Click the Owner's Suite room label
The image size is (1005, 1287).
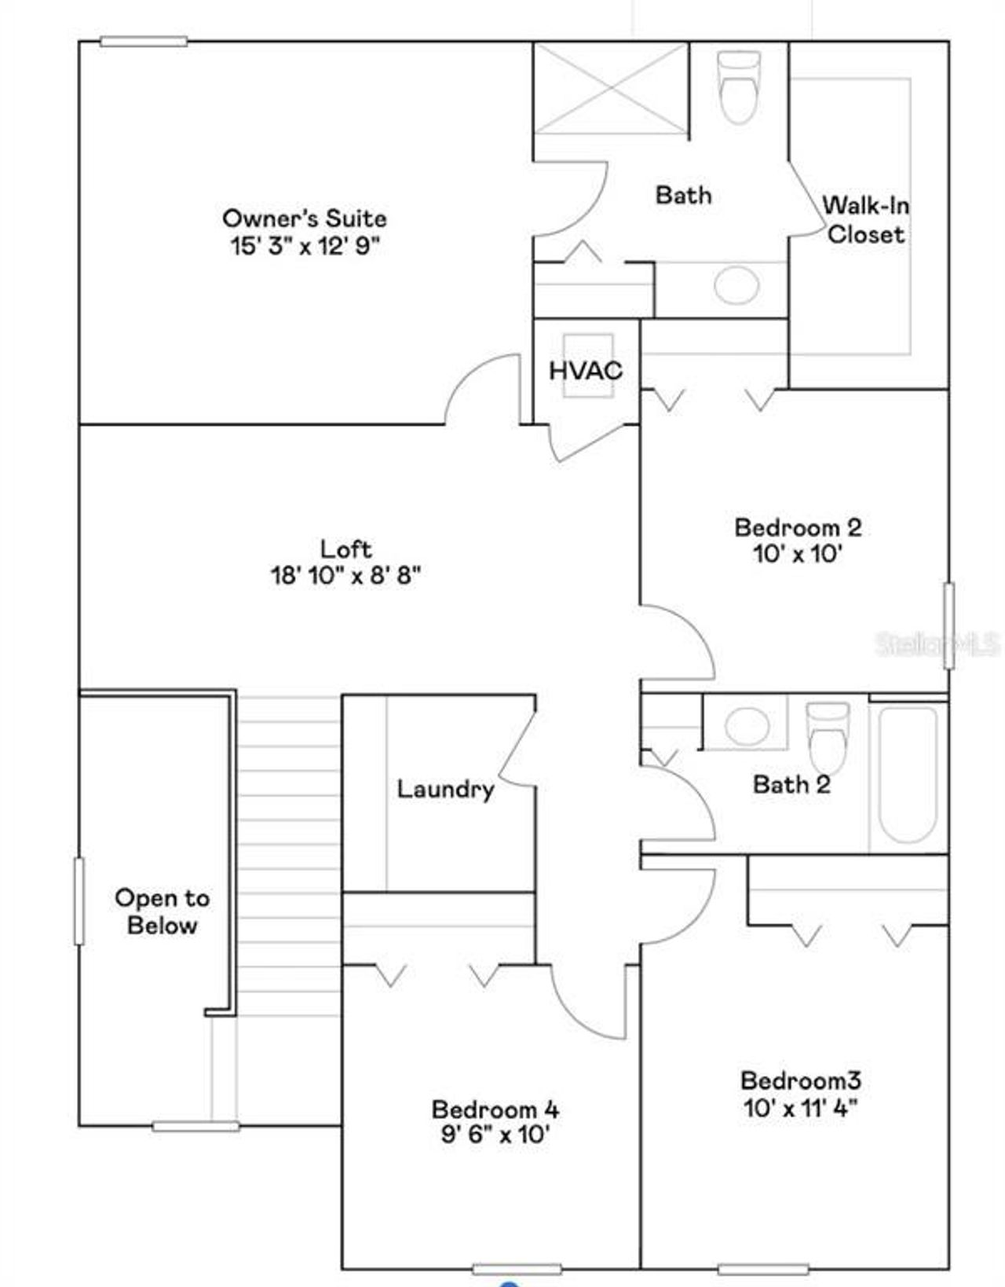pyautogui.click(x=305, y=218)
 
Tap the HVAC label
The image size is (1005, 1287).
pyautogui.click(x=586, y=370)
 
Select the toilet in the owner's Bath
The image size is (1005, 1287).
pyautogui.click(x=740, y=86)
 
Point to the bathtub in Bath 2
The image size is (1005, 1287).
pyautogui.click(x=908, y=774)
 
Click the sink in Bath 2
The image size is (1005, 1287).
pyautogui.click(x=745, y=725)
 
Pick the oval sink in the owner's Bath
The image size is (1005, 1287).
pyautogui.click(x=736, y=284)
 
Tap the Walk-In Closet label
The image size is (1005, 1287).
pyautogui.click(x=866, y=220)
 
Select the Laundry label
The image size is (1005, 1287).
pyautogui.click(x=445, y=789)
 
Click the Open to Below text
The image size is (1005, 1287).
pyautogui.click(x=162, y=911)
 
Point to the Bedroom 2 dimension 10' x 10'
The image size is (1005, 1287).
pyautogui.click(x=798, y=554)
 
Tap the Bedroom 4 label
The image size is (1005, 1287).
pyautogui.click(x=495, y=1109)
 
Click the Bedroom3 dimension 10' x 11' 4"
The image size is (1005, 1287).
pyautogui.click(x=800, y=1108)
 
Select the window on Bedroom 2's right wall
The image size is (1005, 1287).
pyautogui.click(x=948, y=625)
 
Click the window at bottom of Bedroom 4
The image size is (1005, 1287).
pyautogui.click(x=517, y=1268)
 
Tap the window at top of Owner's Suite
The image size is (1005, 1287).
pyautogui.click(x=144, y=42)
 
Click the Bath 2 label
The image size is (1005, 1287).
pyautogui.click(x=791, y=784)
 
